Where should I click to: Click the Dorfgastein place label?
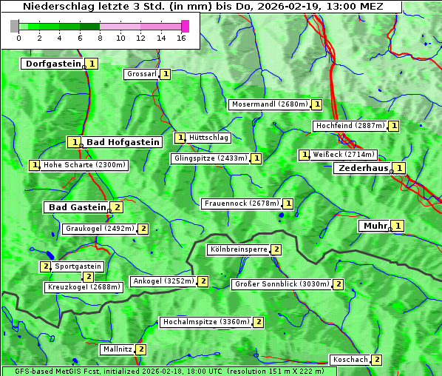[x=52, y=64]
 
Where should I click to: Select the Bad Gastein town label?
[x=77, y=207]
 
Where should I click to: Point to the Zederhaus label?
[x=362, y=168]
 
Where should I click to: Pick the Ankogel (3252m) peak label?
[x=163, y=281]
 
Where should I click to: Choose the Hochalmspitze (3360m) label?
[x=205, y=322]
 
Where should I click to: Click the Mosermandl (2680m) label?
[x=269, y=104]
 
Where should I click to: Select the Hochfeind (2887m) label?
[x=350, y=126]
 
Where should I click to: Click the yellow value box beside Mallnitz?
[x=140, y=349]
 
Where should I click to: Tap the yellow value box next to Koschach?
[x=376, y=360]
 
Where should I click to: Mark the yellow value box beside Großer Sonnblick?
[x=339, y=284]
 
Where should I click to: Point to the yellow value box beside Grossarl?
[x=166, y=74]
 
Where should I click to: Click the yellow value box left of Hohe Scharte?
[x=34, y=165]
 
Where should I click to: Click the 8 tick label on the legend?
[x=100, y=38]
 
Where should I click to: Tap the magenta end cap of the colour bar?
[x=185, y=26]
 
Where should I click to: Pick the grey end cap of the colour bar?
[x=15, y=26]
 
